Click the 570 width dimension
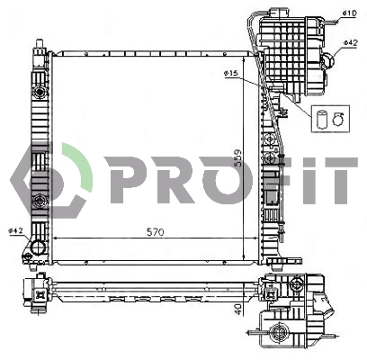click(x=156, y=231)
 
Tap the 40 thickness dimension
click(x=237, y=309)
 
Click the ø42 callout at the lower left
click(x=14, y=231)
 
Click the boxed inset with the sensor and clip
click(x=327, y=117)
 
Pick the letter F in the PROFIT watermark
click(x=270, y=179)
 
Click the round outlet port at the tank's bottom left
click(x=39, y=247)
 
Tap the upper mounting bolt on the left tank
click(x=40, y=94)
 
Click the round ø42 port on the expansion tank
click(x=329, y=61)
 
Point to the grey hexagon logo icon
click(x=50, y=179)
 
